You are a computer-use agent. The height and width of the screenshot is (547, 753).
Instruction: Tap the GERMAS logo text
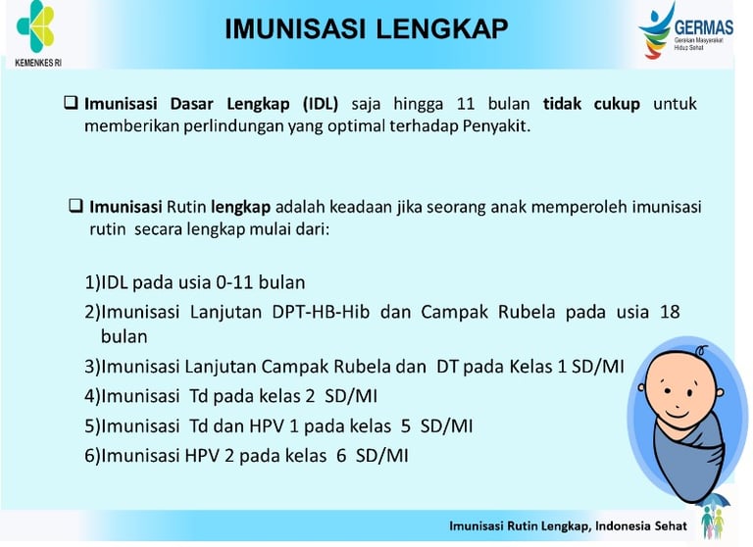704,27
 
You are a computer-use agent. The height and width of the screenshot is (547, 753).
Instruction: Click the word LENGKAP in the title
442,28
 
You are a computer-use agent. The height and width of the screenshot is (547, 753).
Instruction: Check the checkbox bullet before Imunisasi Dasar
71,102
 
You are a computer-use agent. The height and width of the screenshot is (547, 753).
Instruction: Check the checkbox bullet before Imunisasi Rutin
75,206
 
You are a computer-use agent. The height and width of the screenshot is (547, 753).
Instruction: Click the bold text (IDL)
321,104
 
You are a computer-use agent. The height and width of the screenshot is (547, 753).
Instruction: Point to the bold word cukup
617,104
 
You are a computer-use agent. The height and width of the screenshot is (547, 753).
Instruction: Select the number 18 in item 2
670,312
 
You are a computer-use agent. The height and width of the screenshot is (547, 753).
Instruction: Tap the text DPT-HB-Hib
321,312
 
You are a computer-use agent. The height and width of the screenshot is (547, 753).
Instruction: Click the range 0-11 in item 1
235,282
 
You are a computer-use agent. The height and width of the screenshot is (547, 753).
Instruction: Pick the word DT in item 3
447,367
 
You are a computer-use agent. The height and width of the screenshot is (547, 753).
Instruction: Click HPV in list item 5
267,426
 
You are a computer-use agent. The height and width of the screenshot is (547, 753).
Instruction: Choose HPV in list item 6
202,455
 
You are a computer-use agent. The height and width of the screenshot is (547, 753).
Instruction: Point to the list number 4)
93,397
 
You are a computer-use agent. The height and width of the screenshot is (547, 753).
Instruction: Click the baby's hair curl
701,350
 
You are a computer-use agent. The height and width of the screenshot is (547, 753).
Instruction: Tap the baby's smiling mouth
678,413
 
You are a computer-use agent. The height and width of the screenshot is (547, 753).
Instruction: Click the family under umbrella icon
713,515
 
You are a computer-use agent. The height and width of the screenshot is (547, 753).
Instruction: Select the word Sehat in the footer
671,526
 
